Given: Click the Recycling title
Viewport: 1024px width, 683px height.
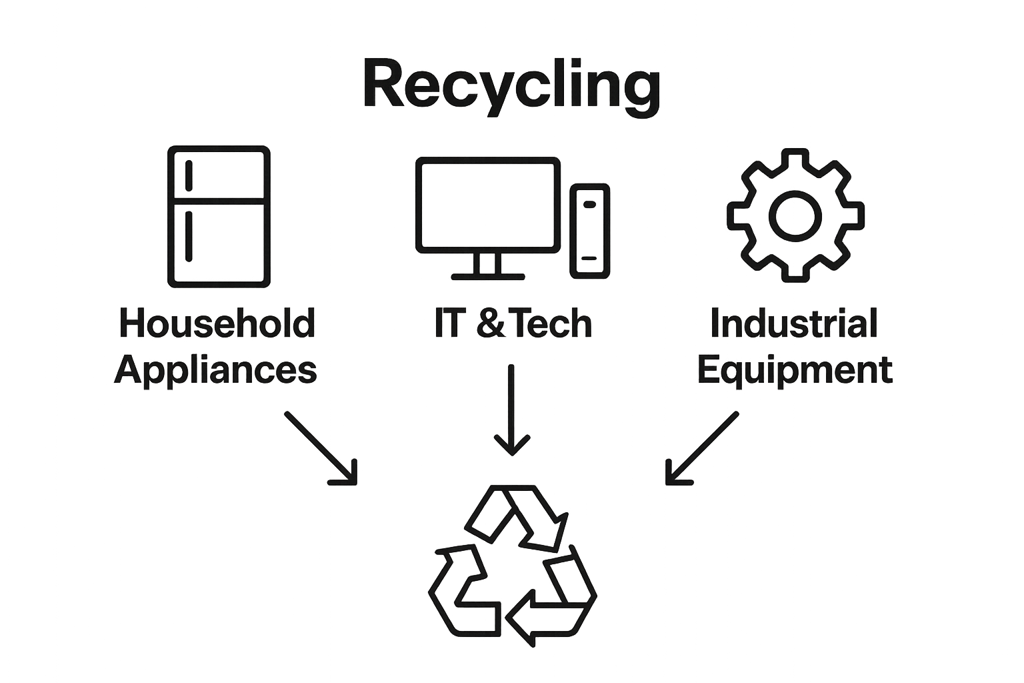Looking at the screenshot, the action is pyautogui.click(x=512, y=87).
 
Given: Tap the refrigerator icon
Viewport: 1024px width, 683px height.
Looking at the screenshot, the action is pyautogui.click(x=219, y=216).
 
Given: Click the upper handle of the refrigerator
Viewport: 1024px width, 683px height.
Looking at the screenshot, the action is pyautogui.click(x=189, y=175).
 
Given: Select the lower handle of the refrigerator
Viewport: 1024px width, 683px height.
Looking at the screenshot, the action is pyautogui.click(x=189, y=236).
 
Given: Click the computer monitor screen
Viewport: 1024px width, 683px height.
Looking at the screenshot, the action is pyautogui.click(x=488, y=205).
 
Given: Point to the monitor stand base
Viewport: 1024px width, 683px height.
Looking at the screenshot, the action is pyautogui.click(x=488, y=277).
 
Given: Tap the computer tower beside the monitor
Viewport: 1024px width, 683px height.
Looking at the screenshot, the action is pyautogui.click(x=590, y=231).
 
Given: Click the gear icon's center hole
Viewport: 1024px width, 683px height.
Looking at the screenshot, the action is pyautogui.click(x=795, y=216).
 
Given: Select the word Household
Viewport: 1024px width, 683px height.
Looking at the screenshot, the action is pyautogui.click(x=217, y=323).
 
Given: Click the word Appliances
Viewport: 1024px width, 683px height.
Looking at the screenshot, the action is pyautogui.click(x=215, y=372).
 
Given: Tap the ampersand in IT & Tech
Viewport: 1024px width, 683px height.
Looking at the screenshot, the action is pyautogui.click(x=490, y=323).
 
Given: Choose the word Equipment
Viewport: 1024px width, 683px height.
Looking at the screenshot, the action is pyautogui.click(x=795, y=372).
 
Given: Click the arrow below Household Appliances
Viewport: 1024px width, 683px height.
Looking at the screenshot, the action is pyautogui.click(x=321, y=448).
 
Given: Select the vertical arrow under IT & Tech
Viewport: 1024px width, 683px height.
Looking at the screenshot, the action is pyautogui.click(x=511, y=410).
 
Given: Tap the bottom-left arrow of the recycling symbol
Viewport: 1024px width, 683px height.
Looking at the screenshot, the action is pyautogui.click(x=462, y=590).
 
